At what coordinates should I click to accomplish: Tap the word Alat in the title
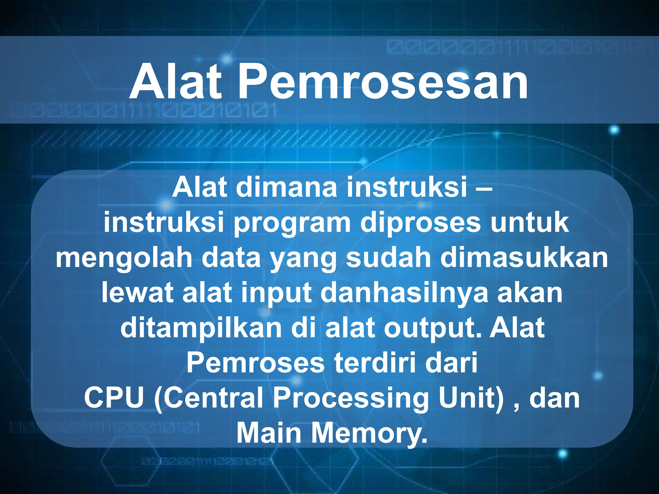[x=175, y=82]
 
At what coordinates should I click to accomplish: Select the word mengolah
[x=124, y=259]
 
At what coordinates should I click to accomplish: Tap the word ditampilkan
[x=201, y=329]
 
